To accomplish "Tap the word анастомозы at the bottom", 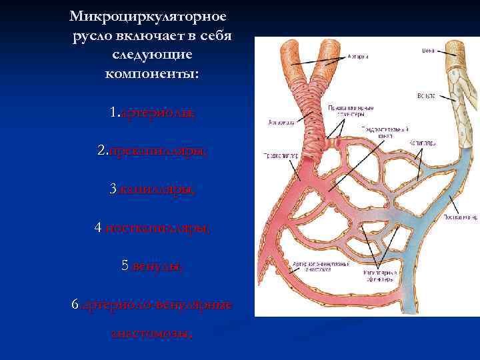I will tap(152, 333).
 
